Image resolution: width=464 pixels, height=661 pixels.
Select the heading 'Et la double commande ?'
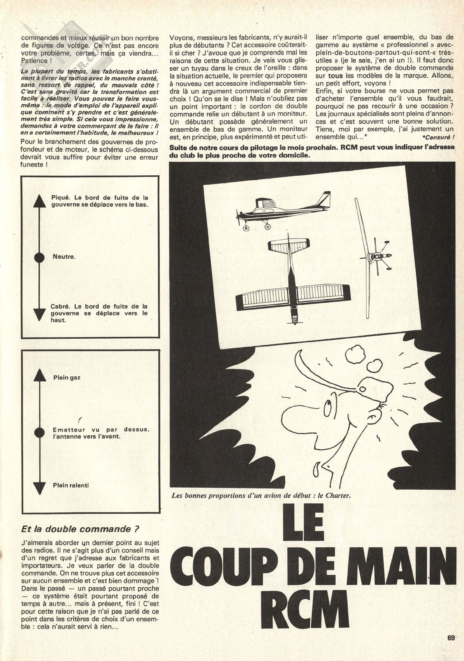pos(80,528)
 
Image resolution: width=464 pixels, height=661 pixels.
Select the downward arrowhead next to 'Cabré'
pos(39,314)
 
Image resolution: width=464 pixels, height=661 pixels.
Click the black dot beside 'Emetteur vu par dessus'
pos(39,432)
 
